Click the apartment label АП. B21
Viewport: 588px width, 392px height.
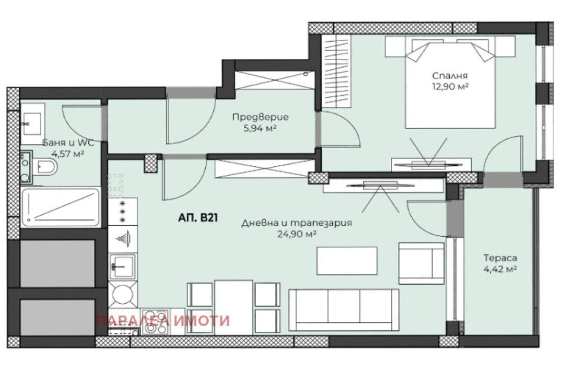[x=198, y=218]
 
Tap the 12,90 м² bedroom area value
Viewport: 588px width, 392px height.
[x=450, y=87]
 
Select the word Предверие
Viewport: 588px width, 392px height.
[x=261, y=117]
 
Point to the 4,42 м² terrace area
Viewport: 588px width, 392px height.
[x=500, y=269]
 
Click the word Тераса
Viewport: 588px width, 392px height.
[x=500, y=258]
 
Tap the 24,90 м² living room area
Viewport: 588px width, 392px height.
[x=296, y=234]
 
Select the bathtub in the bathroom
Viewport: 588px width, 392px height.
[x=61, y=207]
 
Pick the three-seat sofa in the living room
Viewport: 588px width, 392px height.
[x=344, y=310]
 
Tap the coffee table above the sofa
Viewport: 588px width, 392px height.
[x=347, y=261]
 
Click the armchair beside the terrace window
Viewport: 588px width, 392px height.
[x=421, y=263]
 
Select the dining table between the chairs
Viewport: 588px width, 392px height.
[x=234, y=307]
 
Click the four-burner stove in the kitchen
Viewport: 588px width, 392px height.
[x=155, y=322]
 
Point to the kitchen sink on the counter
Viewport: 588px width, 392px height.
[x=122, y=267]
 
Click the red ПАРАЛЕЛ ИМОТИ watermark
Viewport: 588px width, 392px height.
[x=163, y=321]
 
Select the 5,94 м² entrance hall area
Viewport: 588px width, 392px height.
[x=260, y=129]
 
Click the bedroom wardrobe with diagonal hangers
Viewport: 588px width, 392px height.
[x=336, y=71]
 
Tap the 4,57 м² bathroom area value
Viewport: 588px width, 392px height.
[x=67, y=154]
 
